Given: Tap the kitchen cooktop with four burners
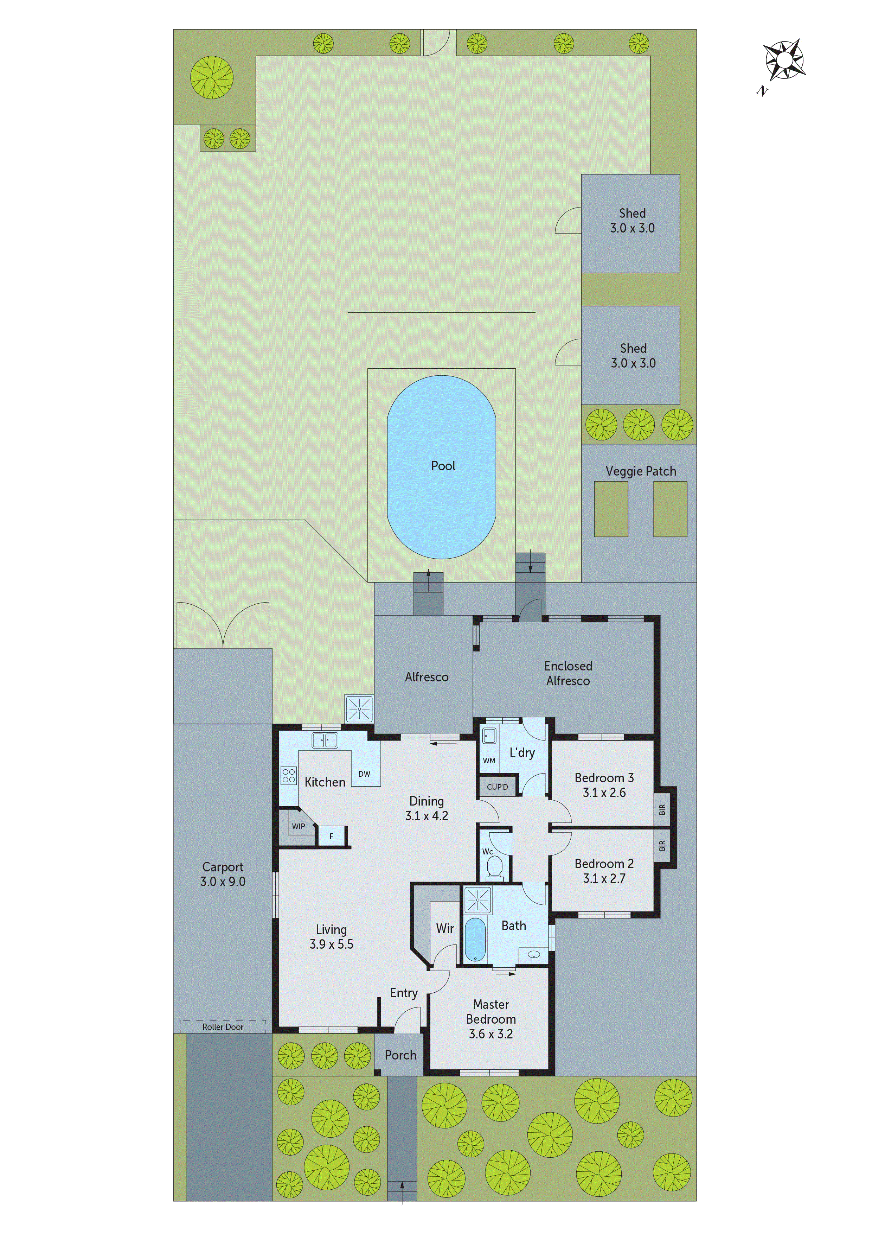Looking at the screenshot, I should pos(289,775).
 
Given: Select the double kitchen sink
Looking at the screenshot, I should pos(325,740).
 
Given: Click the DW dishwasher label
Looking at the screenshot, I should pos(364,774).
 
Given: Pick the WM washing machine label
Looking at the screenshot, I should pos(489,761).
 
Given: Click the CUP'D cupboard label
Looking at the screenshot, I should pos(497,787).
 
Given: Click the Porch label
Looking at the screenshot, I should pos(400,1055).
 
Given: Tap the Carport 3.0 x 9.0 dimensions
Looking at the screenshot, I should pos(223,882).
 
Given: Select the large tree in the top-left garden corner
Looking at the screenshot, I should pos(212,77).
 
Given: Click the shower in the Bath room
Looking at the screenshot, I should pos(477,900).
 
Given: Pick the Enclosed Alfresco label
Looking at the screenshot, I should pos(568,673).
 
